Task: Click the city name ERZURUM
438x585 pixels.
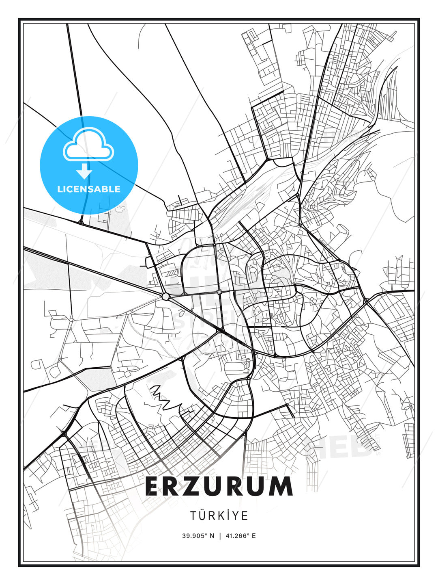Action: click(x=219, y=486)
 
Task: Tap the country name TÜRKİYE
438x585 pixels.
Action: click(x=219, y=516)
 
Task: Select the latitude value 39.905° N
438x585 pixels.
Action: click(x=198, y=535)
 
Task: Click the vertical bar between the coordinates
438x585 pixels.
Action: click(x=220, y=535)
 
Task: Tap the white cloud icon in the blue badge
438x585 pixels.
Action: click(x=88, y=145)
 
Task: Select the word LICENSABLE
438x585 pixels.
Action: click(x=89, y=189)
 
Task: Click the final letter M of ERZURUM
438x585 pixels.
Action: click(x=281, y=486)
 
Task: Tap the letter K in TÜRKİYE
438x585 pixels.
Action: click(x=219, y=516)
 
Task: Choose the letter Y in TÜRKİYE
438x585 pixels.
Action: click(x=236, y=516)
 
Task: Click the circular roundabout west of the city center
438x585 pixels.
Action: click(x=165, y=297)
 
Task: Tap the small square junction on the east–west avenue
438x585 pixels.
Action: click(x=219, y=292)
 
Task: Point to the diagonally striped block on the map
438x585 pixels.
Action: click(x=173, y=272)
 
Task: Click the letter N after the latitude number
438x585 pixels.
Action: click(x=211, y=535)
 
